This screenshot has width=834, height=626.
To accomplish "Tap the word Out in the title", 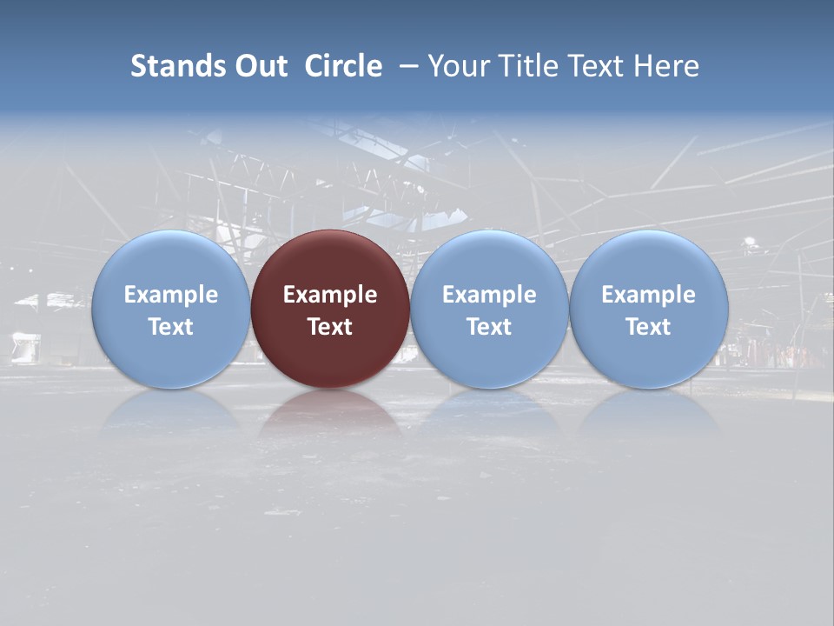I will click(258, 66).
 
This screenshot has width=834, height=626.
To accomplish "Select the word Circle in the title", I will click(343, 66).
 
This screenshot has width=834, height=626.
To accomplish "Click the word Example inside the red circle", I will click(330, 295).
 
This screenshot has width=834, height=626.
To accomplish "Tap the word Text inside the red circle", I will click(330, 327).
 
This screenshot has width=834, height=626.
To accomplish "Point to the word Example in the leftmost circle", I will click(170, 295).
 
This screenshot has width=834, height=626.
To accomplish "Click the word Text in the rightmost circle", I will click(649, 327).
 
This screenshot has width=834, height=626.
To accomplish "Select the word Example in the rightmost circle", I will click(649, 295).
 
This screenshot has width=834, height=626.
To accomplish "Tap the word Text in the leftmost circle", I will click(170, 327).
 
